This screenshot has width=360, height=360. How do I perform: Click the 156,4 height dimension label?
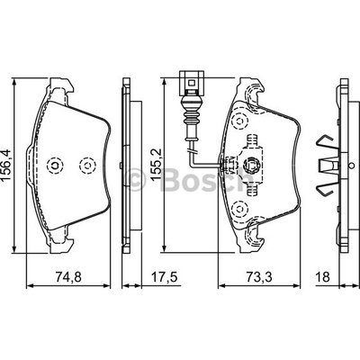tap(6, 165)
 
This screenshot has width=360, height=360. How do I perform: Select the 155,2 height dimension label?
tap(157, 165)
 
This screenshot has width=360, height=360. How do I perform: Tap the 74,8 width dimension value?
tap(68, 277)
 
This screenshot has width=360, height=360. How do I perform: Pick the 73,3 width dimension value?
tap(259, 277)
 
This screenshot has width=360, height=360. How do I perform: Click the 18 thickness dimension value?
tap(322, 277)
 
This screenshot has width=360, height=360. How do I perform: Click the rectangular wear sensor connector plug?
tap(192, 80)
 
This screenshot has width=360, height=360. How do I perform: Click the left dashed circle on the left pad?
tap(55, 165)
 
